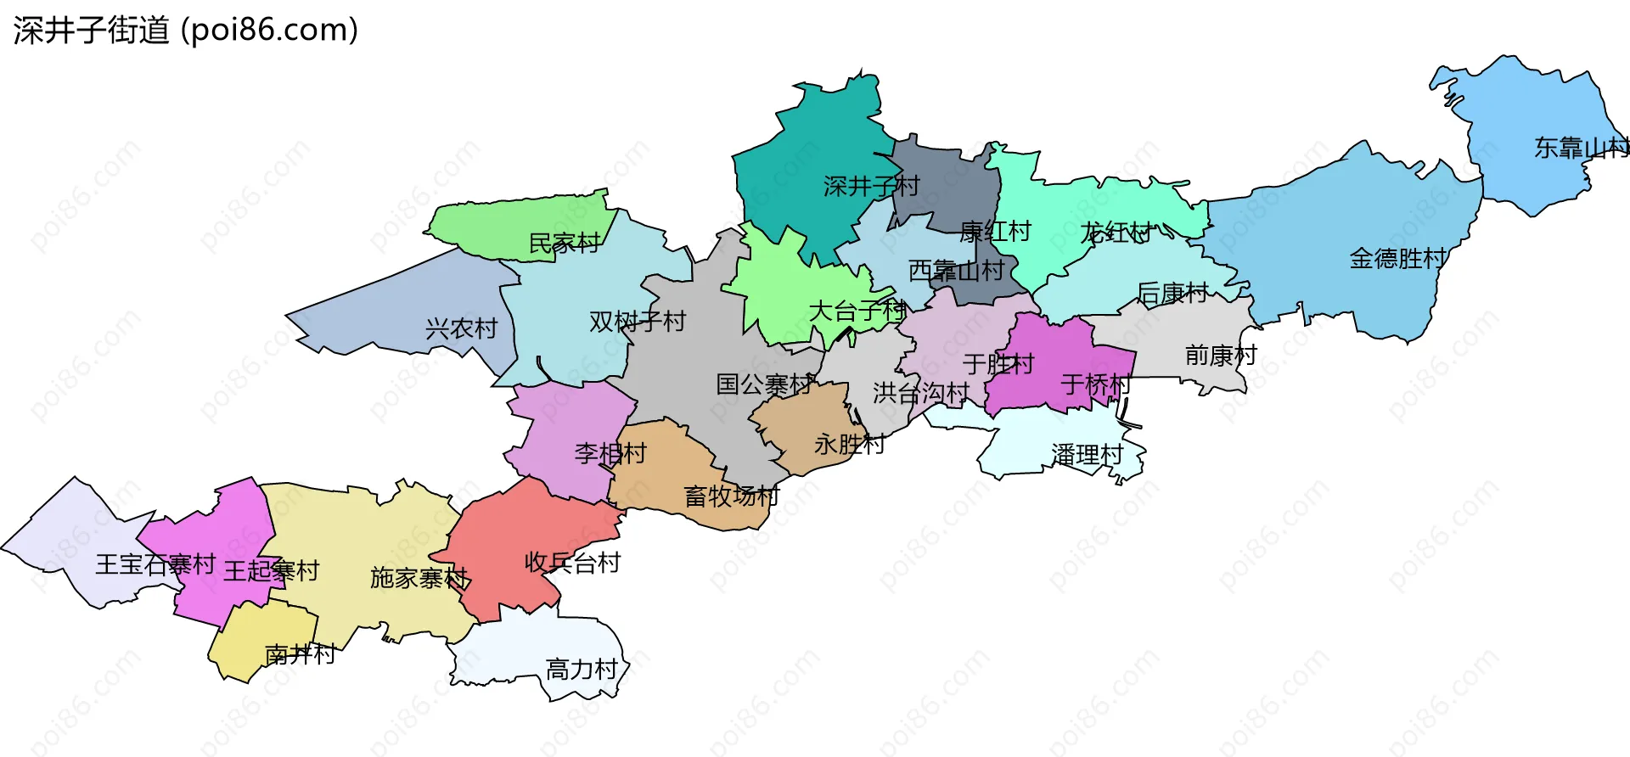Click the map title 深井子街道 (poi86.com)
click(185, 31)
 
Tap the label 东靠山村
click(1581, 148)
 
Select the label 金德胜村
click(1397, 258)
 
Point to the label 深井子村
click(871, 186)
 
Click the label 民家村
click(564, 244)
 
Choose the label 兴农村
click(461, 328)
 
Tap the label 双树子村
click(637, 322)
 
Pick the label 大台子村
click(857, 311)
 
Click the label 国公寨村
click(764, 384)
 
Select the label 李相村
click(610, 453)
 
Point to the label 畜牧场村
click(732, 496)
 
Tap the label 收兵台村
click(572, 562)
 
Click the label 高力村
click(582, 670)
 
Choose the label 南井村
click(300, 654)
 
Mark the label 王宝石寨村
click(155, 564)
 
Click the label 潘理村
click(1087, 455)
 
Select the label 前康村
click(1221, 355)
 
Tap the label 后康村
click(1172, 294)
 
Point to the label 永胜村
click(849, 444)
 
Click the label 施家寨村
click(419, 578)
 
